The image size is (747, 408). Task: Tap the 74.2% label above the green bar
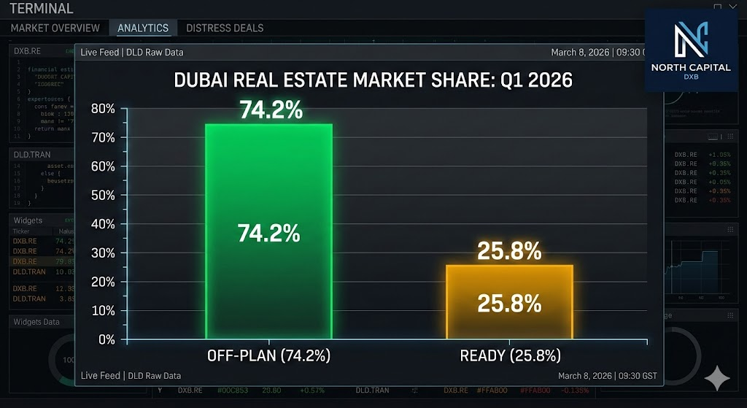[270, 110]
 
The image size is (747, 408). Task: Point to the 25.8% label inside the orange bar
[509, 303]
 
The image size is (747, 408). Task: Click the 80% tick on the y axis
[103, 109]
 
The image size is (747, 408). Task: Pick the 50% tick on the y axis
[103, 195]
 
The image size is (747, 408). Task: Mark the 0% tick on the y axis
[107, 339]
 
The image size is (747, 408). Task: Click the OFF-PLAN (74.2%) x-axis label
[269, 356]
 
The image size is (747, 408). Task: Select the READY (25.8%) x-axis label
[510, 356]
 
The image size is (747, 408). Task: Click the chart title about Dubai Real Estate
[373, 80]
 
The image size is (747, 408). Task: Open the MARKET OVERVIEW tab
[55, 28]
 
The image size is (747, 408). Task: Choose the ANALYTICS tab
[143, 28]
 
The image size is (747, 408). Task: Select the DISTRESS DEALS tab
[225, 28]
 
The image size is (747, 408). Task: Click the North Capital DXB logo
[691, 51]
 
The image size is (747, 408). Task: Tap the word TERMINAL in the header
[42, 9]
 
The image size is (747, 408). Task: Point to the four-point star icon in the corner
[717, 378]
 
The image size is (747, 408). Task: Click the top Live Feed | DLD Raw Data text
[132, 52]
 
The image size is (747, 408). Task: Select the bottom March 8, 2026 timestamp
[607, 376]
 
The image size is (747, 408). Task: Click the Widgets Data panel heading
[36, 322]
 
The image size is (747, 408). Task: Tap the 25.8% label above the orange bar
[509, 252]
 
